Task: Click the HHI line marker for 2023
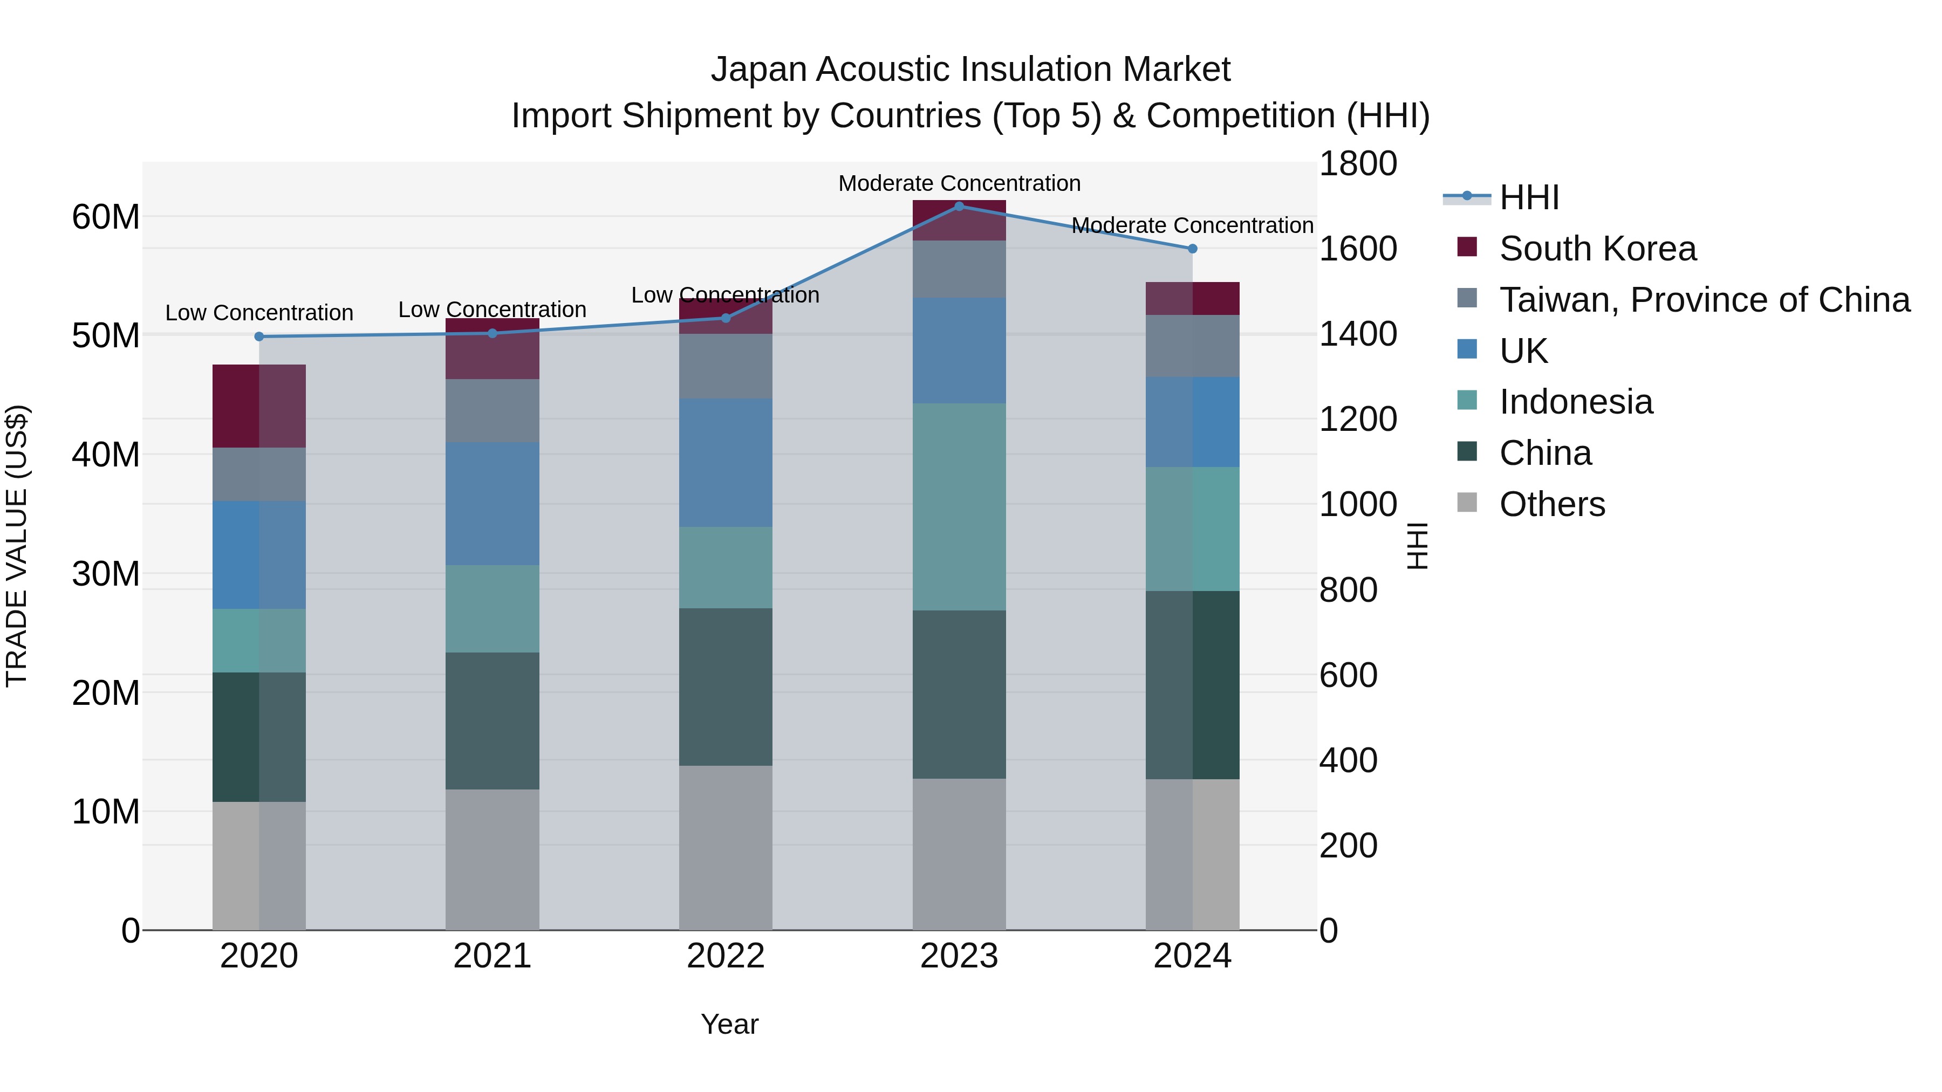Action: (x=959, y=206)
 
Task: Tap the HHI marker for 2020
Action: (x=259, y=336)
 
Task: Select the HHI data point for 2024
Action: (x=1192, y=248)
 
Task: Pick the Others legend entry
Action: (x=1551, y=504)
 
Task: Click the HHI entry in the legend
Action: (x=1528, y=197)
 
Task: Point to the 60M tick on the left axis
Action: (x=106, y=217)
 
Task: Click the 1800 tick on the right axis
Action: (x=1358, y=163)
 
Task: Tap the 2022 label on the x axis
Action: (x=725, y=956)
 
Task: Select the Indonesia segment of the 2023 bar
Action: (x=959, y=506)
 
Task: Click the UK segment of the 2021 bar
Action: (x=493, y=504)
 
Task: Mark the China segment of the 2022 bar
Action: (x=725, y=686)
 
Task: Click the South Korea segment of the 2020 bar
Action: (x=259, y=406)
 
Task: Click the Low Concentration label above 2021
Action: (x=493, y=310)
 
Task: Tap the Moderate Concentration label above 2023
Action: (x=959, y=183)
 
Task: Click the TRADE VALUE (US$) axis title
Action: (x=17, y=546)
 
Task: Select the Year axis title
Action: (x=729, y=1024)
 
